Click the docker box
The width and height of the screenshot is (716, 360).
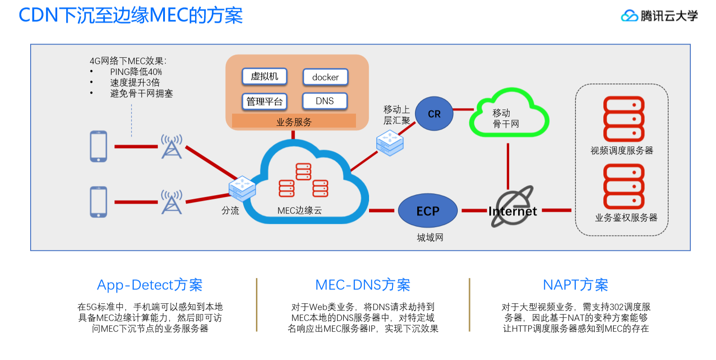coord(325,77)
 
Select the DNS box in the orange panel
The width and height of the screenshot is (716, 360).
coord(325,101)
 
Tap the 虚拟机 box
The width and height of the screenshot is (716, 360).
coord(265,77)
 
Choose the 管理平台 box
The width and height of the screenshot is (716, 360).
coord(265,102)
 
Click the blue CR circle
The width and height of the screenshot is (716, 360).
coord(434,114)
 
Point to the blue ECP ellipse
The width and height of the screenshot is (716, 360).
coord(428,211)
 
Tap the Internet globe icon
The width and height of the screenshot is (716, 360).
coord(513,206)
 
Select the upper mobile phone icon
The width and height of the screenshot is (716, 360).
coord(98,146)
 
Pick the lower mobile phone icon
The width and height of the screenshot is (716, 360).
coord(98,202)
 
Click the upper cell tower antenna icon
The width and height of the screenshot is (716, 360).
coord(172,147)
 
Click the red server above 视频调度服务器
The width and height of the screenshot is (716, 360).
coord(624,119)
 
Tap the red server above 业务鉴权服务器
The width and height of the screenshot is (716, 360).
coord(624,187)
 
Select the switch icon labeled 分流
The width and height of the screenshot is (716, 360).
coord(242,188)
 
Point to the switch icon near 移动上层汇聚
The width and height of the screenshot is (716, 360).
coord(390,143)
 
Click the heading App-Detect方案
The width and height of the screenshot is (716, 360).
coord(150,285)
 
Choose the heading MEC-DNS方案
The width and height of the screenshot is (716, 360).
coord(362,285)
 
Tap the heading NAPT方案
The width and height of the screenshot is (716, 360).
coord(575,285)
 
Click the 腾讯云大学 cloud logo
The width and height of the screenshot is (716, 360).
coord(629,16)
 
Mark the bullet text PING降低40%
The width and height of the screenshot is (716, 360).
coord(136,72)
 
